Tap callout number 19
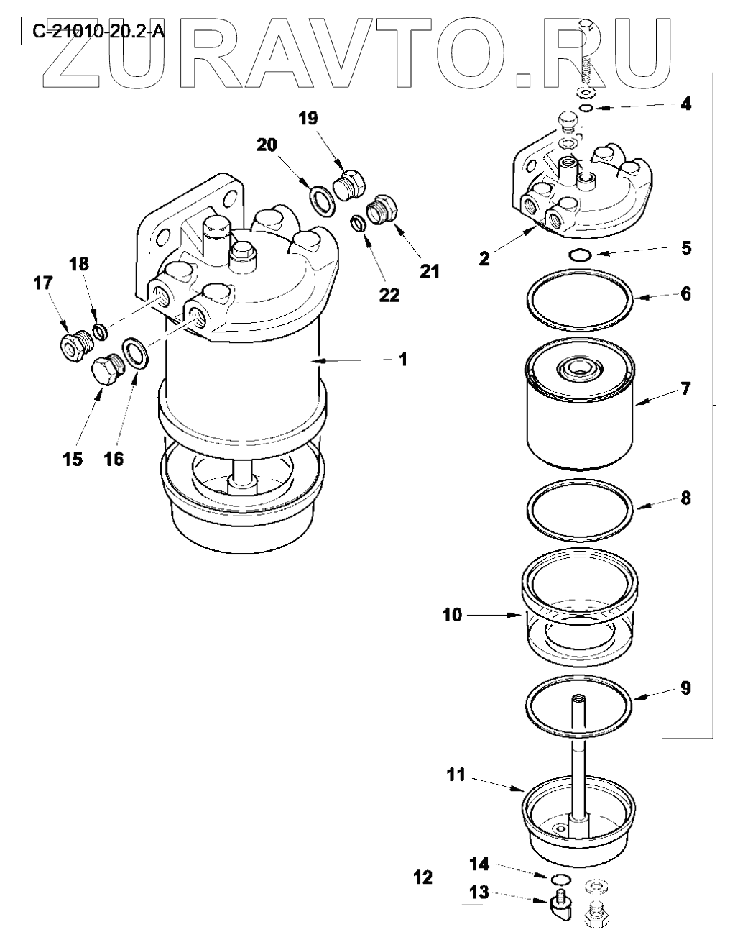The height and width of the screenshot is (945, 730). click(309, 118)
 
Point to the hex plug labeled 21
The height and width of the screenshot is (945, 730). click(382, 209)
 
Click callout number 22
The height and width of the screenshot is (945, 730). click(389, 296)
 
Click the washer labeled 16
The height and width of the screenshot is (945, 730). click(137, 354)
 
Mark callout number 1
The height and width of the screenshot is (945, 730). click(403, 360)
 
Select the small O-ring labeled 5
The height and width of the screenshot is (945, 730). click(580, 256)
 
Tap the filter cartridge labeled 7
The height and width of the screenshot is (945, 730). click(579, 403)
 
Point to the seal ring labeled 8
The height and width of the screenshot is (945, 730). click(579, 481)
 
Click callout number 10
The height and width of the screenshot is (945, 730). click(452, 615)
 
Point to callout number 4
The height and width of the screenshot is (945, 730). click(685, 104)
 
